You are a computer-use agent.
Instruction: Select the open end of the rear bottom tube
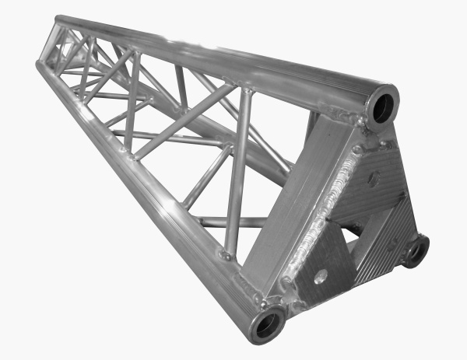click(x=416, y=250)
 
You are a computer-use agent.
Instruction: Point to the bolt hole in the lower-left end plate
click(x=320, y=274)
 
